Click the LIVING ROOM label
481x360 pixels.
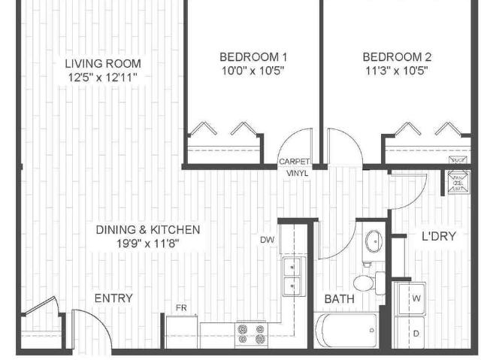102,64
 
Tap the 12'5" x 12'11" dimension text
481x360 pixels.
102,77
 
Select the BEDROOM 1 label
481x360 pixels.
253,57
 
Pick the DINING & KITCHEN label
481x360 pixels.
148,229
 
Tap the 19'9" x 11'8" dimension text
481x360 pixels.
148,244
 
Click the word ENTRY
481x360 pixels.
113,298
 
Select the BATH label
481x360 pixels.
339,299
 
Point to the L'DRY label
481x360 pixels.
439,236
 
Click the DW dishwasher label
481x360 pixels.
267,240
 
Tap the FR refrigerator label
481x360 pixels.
181,308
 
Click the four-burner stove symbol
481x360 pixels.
250,333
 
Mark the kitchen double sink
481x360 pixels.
292,277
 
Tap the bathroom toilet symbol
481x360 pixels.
366,283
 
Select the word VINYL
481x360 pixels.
296,173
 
